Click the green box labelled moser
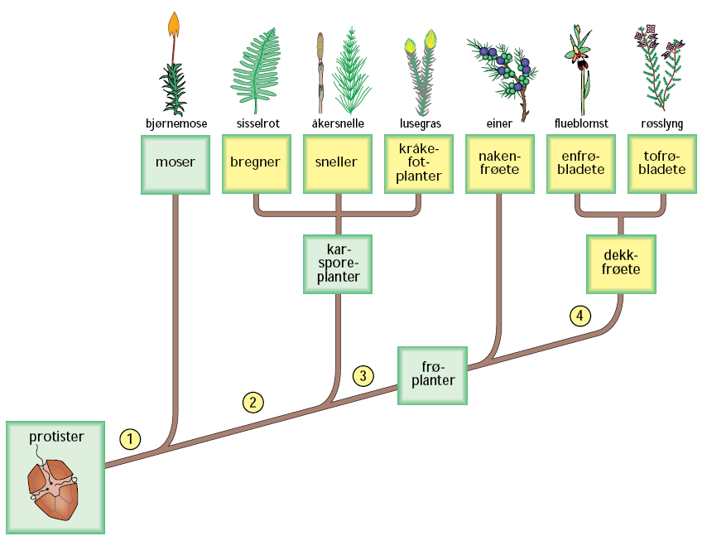[x=175, y=163]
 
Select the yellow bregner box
[x=255, y=163]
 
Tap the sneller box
[x=337, y=163]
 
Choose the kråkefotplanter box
[x=419, y=163]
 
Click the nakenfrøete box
[x=499, y=163]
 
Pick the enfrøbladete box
[x=580, y=163]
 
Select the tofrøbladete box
[x=660, y=163]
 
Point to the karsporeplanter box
[x=338, y=263]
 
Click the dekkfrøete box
[x=620, y=263]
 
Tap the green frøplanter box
[x=431, y=374]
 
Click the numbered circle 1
[x=129, y=437]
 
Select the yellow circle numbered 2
[x=252, y=402]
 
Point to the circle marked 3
[x=363, y=375]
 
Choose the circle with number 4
[x=580, y=315]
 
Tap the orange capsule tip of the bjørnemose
[x=175, y=25]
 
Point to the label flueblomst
[x=580, y=123]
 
